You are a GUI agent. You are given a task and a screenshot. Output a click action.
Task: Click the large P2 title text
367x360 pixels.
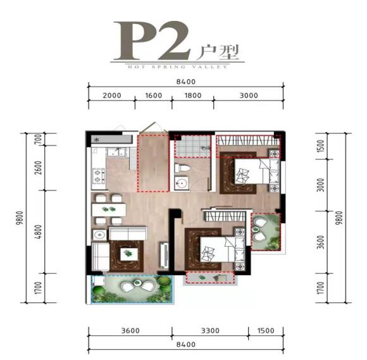pyautogui.click(x=152, y=40)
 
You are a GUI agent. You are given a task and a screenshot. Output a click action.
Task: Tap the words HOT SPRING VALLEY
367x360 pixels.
pyautogui.click(x=178, y=67)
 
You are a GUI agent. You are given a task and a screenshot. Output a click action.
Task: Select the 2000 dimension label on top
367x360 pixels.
pyautogui.click(x=112, y=96)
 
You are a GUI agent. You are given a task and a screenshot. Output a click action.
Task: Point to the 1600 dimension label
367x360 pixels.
pyautogui.click(x=154, y=96)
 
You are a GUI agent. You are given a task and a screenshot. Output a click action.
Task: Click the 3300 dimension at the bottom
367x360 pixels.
pyautogui.click(x=210, y=330)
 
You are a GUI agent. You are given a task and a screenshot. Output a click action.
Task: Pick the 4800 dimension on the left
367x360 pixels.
pyautogui.click(x=39, y=232)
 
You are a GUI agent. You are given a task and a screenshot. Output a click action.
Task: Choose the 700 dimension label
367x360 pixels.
pyautogui.click(x=39, y=139)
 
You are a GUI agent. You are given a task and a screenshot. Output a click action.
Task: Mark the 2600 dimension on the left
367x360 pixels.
pyautogui.click(x=39, y=168)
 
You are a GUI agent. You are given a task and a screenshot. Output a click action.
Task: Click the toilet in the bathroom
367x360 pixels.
pyautogui.click(x=182, y=168)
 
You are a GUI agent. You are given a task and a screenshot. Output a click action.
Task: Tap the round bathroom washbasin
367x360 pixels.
pyautogui.click(x=181, y=183)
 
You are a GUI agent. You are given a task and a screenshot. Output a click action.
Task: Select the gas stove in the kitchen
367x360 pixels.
pyautogui.click(x=98, y=176)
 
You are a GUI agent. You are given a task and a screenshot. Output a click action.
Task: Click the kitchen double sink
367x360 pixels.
pyautogui.click(x=117, y=152)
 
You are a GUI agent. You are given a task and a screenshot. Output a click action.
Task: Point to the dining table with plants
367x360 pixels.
pyautogui.click(x=109, y=210)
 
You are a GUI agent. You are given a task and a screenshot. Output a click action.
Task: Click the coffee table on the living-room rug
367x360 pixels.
pyautogui.click(x=129, y=254)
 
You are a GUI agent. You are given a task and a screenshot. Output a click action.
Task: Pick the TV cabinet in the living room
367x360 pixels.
pyautogui.click(x=165, y=256)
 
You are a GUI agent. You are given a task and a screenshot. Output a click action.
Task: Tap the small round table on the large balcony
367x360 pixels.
pyautogui.click(x=137, y=283)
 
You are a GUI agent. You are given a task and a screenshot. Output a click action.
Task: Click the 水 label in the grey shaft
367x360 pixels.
pyautogui.click(x=96, y=140)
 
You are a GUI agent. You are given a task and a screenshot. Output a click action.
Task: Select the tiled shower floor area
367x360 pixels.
pyautogui.click(x=192, y=146)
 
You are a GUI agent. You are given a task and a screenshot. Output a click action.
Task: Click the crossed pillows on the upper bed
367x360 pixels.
pyautogui.click(x=242, y=175)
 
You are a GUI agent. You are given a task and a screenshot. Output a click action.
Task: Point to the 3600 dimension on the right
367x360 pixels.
pyautogui.click(x=321, y=242)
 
